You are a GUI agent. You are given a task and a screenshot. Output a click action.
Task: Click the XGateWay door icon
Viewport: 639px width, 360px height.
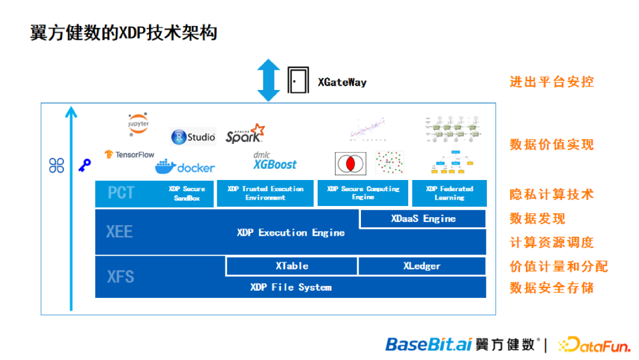[x=298, y=80]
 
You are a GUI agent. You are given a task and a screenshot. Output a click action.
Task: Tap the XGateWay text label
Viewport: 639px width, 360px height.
[x=342, y=82]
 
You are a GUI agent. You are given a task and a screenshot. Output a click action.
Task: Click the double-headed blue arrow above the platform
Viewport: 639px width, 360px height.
[x=268, y=80]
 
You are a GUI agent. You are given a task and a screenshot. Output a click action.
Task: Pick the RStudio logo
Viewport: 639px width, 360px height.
[x=193, y=137]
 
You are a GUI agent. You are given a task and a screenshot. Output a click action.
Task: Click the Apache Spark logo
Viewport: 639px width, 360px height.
[x=245, y=134]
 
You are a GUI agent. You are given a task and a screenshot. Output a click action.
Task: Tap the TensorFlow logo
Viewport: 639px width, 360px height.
[x=130, y=155]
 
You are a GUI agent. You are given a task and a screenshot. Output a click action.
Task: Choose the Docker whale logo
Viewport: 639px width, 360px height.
[x=185, y=166]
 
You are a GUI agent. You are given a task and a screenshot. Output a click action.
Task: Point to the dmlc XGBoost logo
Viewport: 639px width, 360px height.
[x=275, y=160]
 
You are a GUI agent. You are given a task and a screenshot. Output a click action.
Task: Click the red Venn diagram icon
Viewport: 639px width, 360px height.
[x=351, y=163]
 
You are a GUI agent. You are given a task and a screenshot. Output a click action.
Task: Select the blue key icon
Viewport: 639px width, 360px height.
[x=85, y=165]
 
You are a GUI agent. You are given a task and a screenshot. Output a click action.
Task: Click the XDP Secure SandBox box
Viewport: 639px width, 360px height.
[x=186, y=194]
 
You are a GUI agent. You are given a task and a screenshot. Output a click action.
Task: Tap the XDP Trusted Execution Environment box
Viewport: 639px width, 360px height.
[x=265, y=194]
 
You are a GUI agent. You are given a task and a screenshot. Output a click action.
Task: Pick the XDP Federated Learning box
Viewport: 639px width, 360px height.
[x=449, y=194]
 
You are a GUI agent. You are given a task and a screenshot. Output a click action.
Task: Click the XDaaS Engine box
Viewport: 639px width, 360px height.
[x=423, y=218]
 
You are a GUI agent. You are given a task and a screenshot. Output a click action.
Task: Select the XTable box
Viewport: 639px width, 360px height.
[x=292, y=266]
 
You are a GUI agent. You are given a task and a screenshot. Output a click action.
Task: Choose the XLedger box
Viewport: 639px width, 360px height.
[x=421, y=266]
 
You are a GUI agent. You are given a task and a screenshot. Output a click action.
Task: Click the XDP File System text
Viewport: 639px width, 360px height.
[x=291, y=287]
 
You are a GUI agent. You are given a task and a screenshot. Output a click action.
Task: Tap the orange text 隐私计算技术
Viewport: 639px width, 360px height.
[x=551, y=194]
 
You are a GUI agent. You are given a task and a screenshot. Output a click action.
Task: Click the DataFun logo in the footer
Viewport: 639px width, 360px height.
[x=593, y=344]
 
